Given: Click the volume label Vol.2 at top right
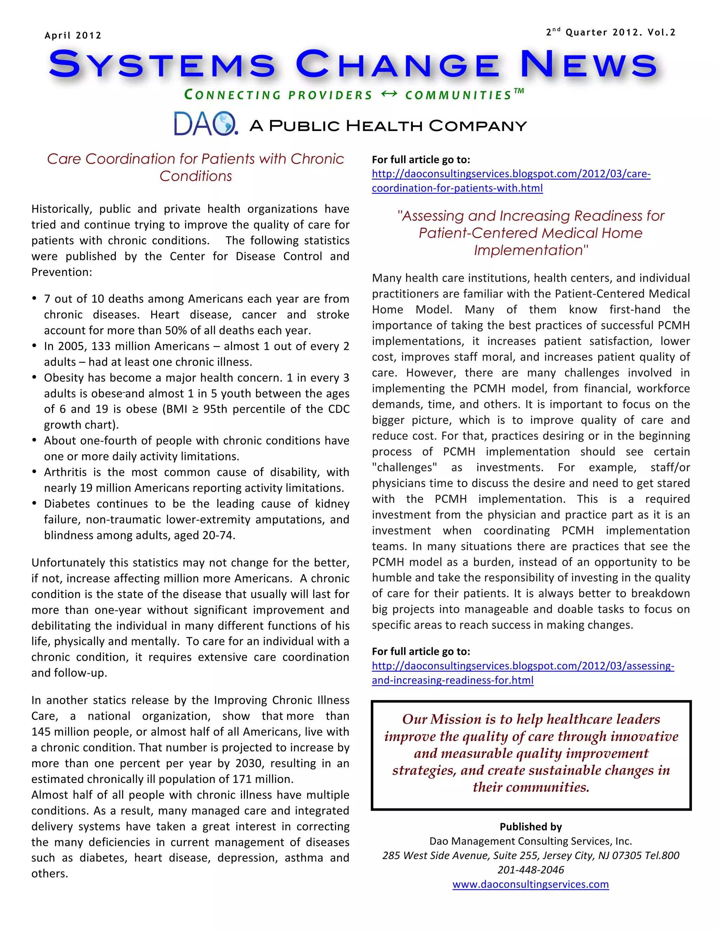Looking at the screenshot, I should [x=661, y=32].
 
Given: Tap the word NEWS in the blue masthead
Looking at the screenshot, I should [x=589, y=65].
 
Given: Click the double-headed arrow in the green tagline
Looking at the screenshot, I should [x=389, y=94].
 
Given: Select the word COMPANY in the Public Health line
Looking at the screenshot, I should [x=477, y=126].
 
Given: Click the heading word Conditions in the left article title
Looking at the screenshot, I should [x=196, y=176].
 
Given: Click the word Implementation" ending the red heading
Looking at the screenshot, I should [x=531, y=250].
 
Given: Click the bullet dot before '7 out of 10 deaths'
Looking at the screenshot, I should [x=34, y=299].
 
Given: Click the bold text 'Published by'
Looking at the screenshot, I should [x=531, y=826].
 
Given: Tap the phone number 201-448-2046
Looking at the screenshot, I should [x=531, y=870].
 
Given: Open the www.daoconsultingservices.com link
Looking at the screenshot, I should [x=531, y=884].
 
